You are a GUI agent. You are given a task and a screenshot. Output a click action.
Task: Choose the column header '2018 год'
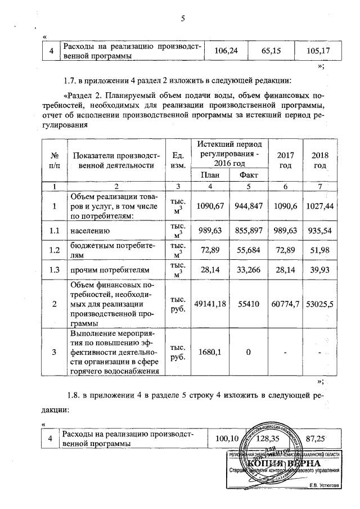click(x=320, y=160)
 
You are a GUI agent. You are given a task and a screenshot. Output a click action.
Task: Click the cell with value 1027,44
click(x=320, y=206)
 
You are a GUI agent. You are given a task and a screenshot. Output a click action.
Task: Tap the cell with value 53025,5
click(x=320, y=304)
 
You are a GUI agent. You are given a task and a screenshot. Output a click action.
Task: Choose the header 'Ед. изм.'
click(x=178, y=160)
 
